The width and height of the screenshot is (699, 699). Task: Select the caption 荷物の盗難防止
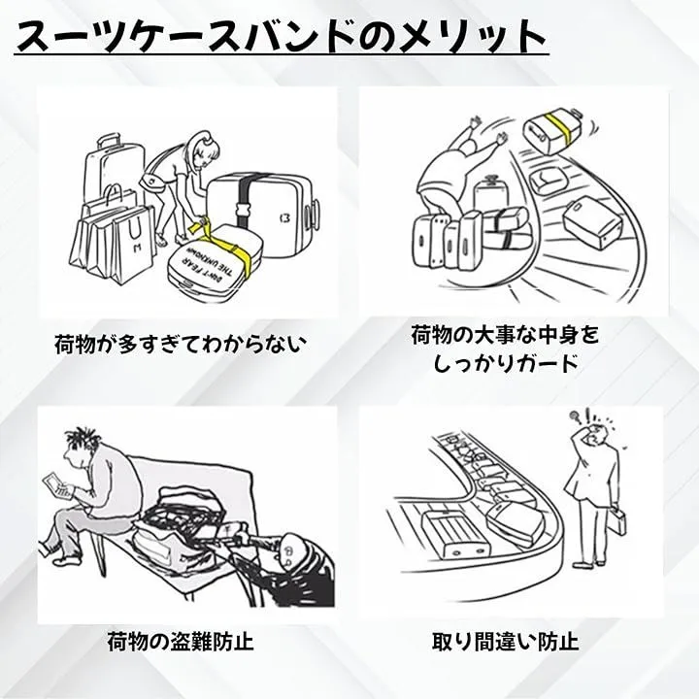[180, 641]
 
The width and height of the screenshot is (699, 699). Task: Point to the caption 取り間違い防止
[505, 641]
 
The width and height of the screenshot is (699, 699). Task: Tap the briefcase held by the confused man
[618, 524]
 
